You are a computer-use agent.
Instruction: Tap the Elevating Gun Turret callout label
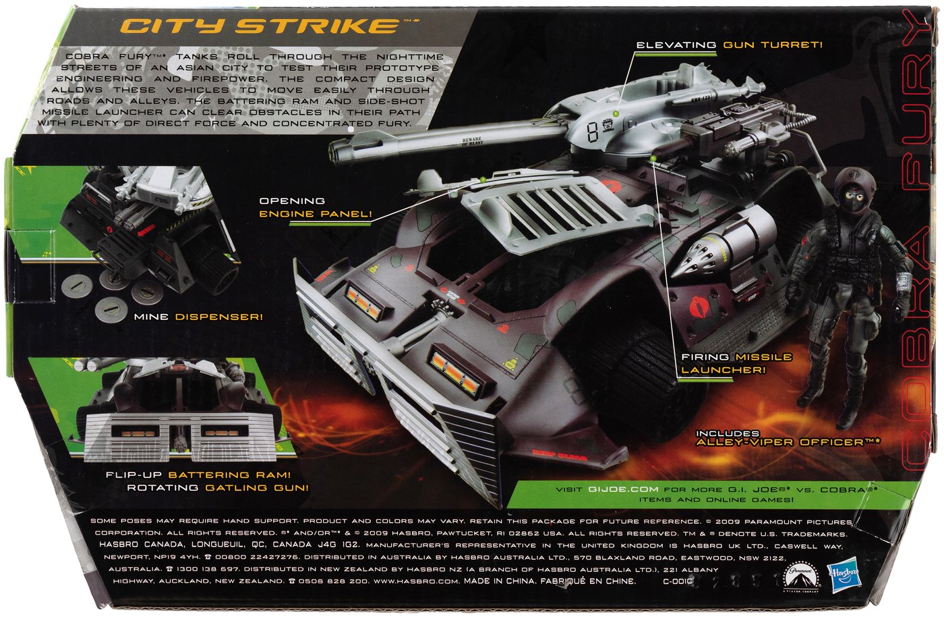coord(730,45)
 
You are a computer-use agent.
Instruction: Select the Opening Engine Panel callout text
coord(316,207)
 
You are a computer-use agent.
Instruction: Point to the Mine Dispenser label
coord(198,317)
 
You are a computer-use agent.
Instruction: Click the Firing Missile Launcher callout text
coord(727,363)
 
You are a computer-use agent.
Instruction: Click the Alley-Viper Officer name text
coord(781,442)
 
